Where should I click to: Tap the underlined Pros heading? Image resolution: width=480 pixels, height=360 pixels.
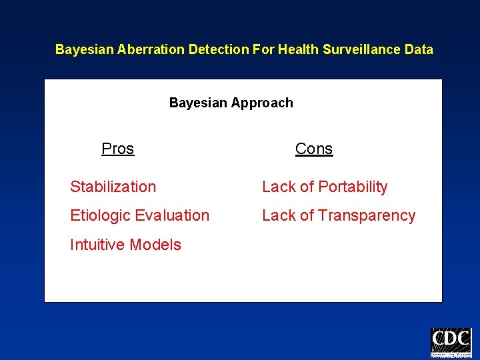[x=117, y=149]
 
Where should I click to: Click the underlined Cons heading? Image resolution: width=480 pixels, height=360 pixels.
[x=313, y=149]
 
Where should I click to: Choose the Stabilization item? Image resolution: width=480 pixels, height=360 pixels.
[x=113, y=187]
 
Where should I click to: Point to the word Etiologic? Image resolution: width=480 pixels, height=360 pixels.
[x=101, y=216]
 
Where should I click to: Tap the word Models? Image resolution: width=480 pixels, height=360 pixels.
[x=155, y=245]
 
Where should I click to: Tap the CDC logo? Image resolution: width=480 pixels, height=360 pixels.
[x=451, y=342]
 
